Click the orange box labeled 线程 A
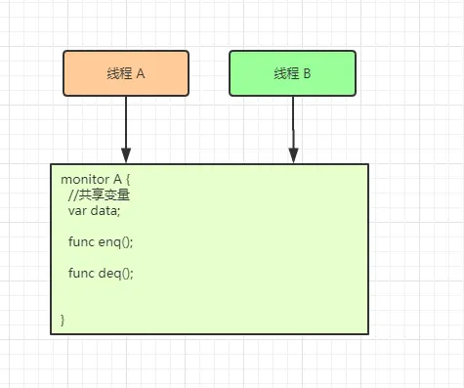click(x=126, y=73)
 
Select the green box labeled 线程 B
click(x=293, y=73)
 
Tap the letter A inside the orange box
click(x=141, y=74)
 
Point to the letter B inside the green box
click(x=308, y=74)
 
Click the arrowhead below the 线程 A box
click(x=126, y=155)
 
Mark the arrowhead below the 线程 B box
click(x=293, y=155)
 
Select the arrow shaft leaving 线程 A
click(x=126, y=121)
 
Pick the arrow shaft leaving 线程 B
click(x=293, y=121)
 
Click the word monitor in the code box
click(x=84, y=180)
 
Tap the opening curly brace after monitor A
click(x=128, y=180)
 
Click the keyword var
click(x=77, y=211)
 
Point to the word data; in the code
click(x=105, y=211)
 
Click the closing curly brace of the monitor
click(x=63, y=320)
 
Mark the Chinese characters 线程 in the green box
click(x=286, y=74)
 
